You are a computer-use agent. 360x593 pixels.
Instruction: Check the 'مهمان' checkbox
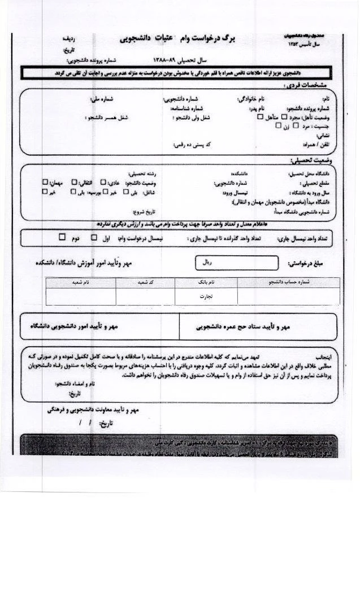45,182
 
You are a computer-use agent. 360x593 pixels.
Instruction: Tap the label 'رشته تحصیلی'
141,174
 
